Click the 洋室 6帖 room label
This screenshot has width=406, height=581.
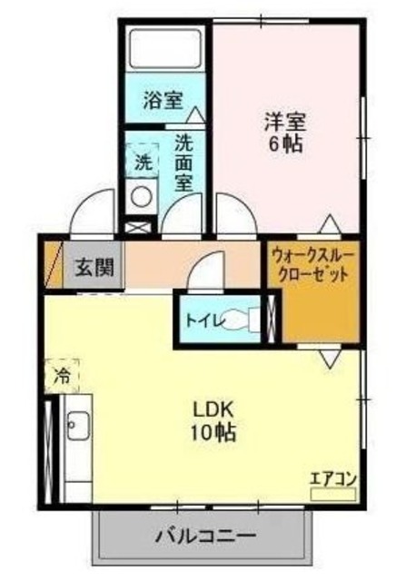(x=283, y=131)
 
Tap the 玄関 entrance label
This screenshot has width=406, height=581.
(x=94, y=268)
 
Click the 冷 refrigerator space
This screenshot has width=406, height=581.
(x=62, y=373)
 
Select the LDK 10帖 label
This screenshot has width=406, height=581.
(x=214, y=420)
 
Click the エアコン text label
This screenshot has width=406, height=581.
(x=332, y=478)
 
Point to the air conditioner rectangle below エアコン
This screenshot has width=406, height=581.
(x=332, y=496)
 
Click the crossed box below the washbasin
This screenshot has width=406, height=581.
(x=139, y=228)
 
